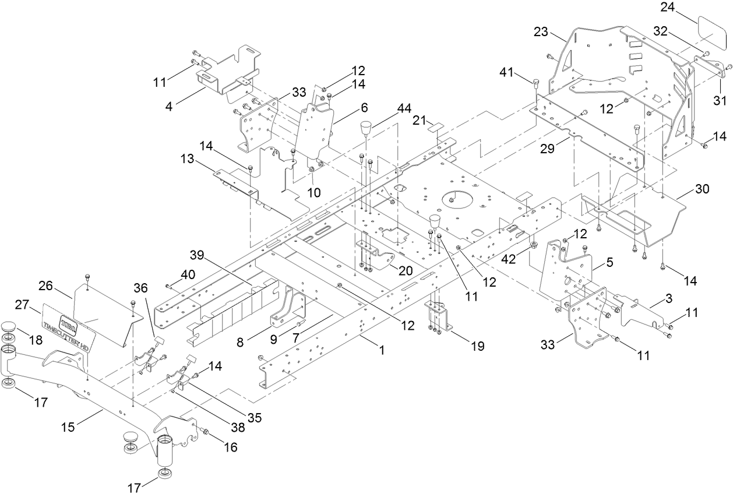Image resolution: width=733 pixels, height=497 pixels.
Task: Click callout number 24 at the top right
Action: (668, 8)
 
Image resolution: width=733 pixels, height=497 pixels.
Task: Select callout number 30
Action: (702, 189)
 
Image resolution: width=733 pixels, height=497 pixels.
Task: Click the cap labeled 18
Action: (25, 327)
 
